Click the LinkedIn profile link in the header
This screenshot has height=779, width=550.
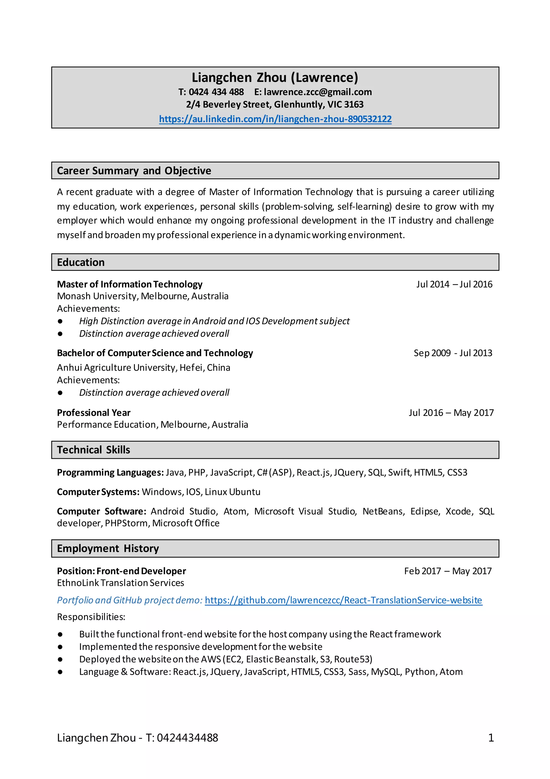[x=275, y=119]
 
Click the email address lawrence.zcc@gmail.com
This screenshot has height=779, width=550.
[x=318, y=92]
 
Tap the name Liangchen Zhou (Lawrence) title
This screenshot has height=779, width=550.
[x=275, y=77]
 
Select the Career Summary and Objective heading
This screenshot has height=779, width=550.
[x=134, y=170]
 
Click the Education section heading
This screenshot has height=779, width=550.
[x=81, y=262]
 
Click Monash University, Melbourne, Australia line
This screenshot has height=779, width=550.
[x=143, y=296]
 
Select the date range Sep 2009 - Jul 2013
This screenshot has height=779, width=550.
[x=453, y=353]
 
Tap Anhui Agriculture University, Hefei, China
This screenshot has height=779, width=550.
[x=143, y=368]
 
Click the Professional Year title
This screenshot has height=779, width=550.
[x=94, y=413]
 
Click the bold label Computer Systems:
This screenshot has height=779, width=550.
[x=98, y=492]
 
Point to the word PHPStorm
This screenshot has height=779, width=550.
[x=126, y=523]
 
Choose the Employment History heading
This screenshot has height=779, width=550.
[x=108, y=549]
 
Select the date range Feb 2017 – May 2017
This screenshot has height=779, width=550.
[x=447, y=571]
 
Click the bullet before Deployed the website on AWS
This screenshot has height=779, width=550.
[x=60, y=659]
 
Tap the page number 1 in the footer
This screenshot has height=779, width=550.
[x=491, y=738]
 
